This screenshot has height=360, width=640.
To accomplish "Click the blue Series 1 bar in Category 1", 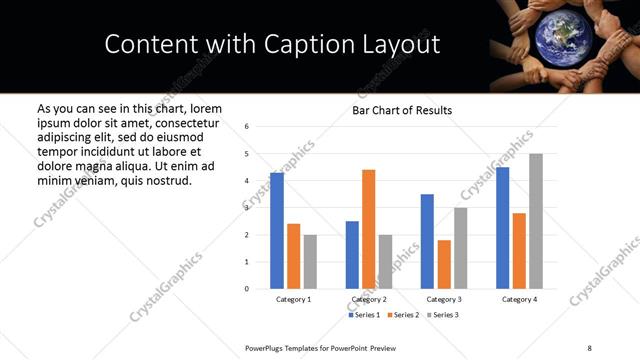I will pos(277,231).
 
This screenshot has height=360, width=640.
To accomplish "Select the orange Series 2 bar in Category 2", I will pos(369,229).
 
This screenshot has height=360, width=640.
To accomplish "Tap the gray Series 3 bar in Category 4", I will pos(536,221).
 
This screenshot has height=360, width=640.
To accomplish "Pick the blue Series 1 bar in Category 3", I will pos(427,241).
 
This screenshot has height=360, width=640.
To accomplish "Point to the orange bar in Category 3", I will pos(444,264).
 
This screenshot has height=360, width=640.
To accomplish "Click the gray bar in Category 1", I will pos(310,261).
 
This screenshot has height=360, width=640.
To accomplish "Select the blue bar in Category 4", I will pos(502,228).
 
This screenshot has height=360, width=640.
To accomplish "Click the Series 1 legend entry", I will pos(365,315).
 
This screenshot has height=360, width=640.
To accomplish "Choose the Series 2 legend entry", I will pos(402,315).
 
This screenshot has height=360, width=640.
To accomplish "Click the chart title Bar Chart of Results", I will pos(402,110).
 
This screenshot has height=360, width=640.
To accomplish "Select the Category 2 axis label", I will pos(369,299).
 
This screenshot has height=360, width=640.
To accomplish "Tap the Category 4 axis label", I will pos(519,299).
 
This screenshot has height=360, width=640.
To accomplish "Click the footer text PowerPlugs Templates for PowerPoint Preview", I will pos(321,347).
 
